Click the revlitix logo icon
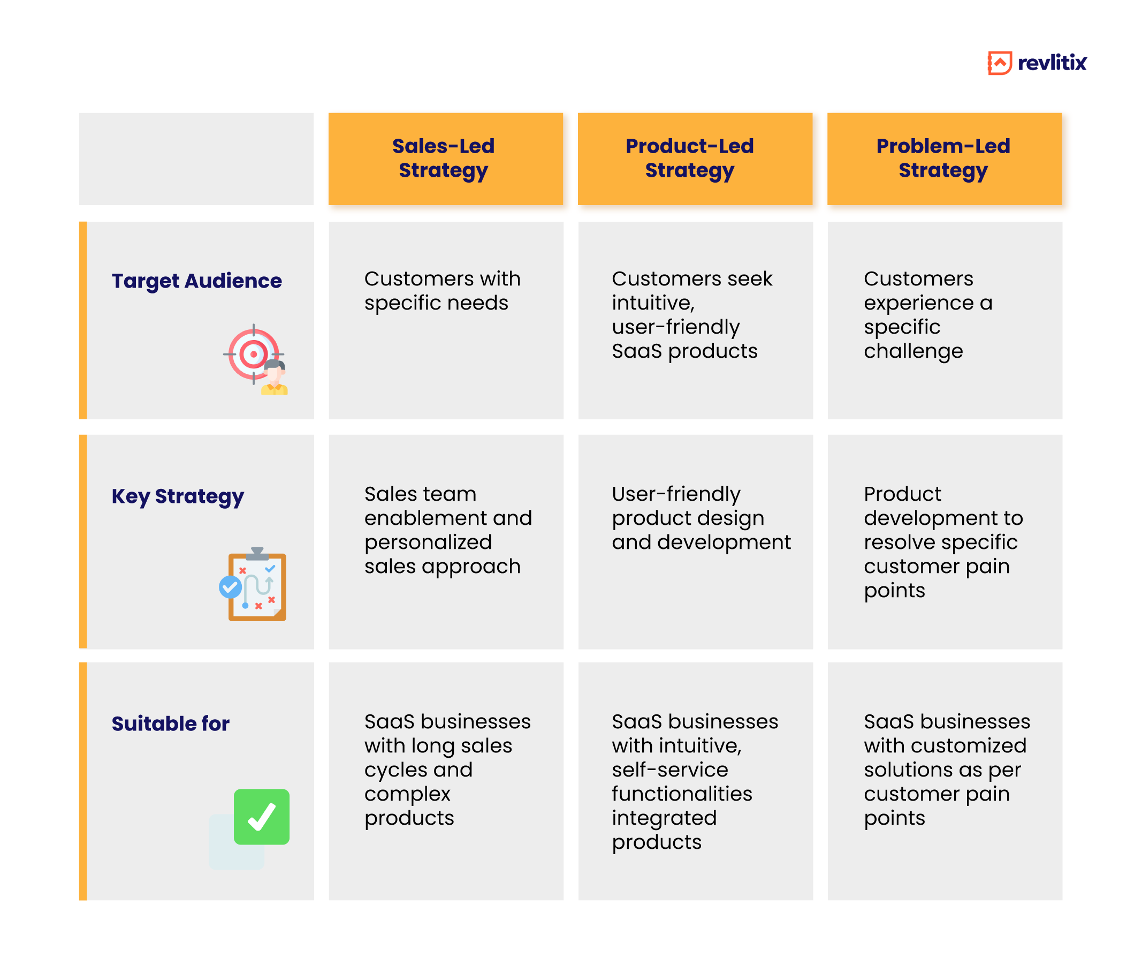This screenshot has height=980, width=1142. (999, 63)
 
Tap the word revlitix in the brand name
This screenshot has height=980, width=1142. (1052, 63)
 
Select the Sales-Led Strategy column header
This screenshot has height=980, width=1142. (445, 159)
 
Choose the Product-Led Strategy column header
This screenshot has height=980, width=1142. (695, 159)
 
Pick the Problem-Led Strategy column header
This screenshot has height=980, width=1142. (944, 159)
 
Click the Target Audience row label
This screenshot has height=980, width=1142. (197, 281)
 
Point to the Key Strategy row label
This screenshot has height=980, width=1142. (178, 496)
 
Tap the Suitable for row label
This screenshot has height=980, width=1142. (170, 723)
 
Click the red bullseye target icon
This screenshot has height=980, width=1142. (253, 354)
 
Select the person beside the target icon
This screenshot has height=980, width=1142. (275, 378)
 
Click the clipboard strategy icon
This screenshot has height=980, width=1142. (257, 585)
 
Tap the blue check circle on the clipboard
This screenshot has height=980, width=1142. (231, 587)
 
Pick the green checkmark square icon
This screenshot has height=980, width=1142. (262, 817)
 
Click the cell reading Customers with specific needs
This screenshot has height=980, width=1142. (445, 320)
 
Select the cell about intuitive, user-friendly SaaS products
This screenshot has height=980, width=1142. (695, 320)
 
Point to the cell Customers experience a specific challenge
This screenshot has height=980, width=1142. (945, 320)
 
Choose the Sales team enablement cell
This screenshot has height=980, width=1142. (445, 541)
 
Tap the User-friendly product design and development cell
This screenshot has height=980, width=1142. (695, 541)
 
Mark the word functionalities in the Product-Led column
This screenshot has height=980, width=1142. (682, 794)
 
